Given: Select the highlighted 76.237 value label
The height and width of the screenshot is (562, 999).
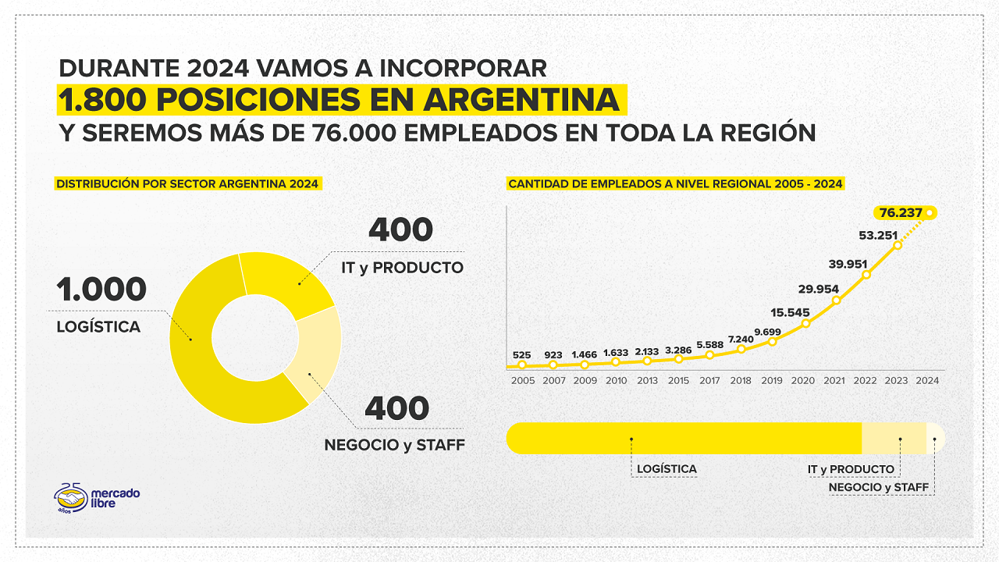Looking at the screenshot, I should pyautogui.click(x=901, y=212).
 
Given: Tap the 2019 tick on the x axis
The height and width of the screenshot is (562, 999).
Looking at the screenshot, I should pyautogui.click(x=772, y=381).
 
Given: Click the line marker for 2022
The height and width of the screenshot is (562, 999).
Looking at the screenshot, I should pyautogui.click(x=866, y=275).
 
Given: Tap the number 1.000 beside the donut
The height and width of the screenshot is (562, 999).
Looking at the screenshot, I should pyautogui.click(x=101, y=290).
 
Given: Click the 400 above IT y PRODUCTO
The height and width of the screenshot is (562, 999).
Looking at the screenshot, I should pyautogui.click(x=400, y=229).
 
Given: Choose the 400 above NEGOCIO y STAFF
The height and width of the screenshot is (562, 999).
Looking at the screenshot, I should pyautogui.click(x=396, y=408).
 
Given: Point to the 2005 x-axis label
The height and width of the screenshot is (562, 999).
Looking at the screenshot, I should pyautogui.click(x=523, y=381).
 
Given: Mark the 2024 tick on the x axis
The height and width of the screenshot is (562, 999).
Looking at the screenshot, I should pyautogui.click(x=927, y=381).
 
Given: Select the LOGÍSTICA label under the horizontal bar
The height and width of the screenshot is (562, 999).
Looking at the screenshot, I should pyautogui.click(x=667, y=469).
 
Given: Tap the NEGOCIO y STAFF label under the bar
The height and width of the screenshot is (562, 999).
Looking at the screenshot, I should pyautogui.click(x=879, y=488).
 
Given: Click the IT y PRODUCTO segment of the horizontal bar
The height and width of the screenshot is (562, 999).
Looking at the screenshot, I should pyautogui.click(x=894, y=438).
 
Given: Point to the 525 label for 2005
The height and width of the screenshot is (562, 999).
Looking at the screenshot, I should pyautogui.click(x=522, y=355).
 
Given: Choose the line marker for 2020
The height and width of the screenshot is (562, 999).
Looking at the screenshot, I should pyautogui.click(x=805, y=323).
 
